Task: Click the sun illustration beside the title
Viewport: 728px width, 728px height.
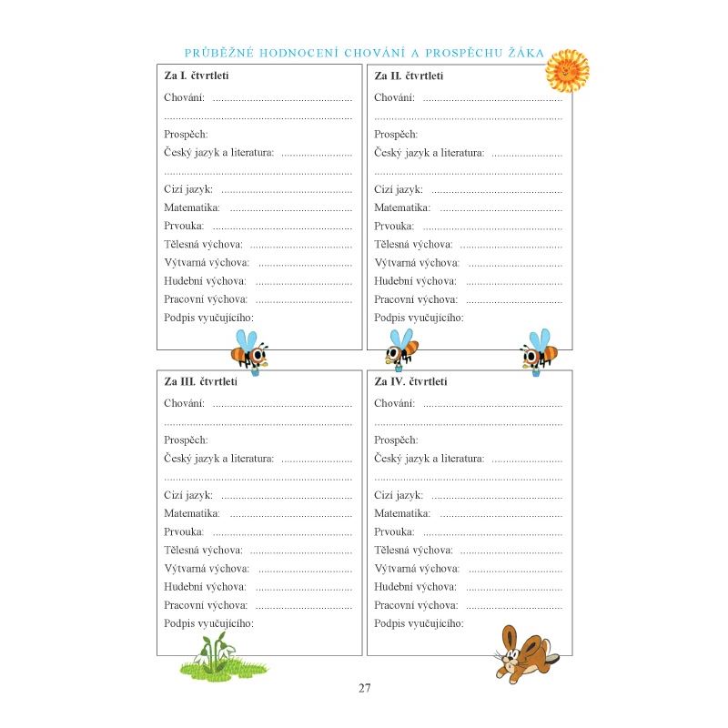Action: [566, 70]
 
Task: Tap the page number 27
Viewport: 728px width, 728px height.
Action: [364, 688]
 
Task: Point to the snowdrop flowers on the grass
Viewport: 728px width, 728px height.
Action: [213, 653]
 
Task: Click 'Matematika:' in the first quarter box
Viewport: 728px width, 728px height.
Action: [191, 207]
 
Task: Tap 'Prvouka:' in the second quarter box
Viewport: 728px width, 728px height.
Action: [394, 226]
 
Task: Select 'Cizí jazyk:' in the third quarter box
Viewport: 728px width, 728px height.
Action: [188, 495]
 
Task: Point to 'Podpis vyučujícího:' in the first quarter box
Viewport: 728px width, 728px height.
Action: [208, 318]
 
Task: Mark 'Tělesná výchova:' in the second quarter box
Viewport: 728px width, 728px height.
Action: [413, 244]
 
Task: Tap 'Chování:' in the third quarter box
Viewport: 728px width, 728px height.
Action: [184, 403]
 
